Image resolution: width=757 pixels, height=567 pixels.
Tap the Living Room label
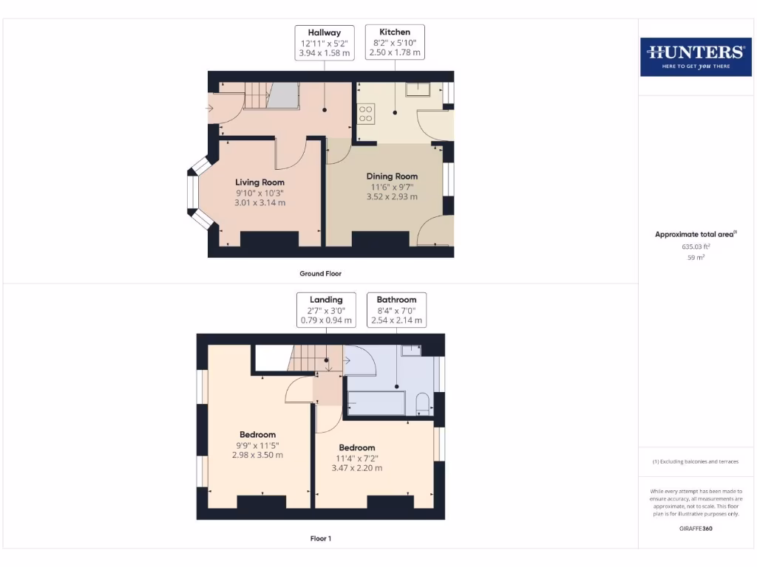click(259, 182)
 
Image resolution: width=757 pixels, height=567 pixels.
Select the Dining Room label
click(392, 176)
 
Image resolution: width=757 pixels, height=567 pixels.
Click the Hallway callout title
click(324, 32)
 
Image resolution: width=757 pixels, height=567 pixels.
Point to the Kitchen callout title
click(395, 32)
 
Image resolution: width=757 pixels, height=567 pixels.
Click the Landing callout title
click(326, 300)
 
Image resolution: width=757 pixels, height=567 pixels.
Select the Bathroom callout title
click(396, 300)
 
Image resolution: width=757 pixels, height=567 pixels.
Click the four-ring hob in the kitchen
click(365, 114)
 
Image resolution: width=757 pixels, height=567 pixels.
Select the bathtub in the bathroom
click(376, 403)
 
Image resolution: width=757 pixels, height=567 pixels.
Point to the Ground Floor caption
click(320, 274)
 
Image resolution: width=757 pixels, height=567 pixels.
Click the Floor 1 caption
click(320, 539)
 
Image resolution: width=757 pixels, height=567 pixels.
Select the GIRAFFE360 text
click(695, 529)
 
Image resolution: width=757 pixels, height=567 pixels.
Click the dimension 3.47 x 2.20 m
click(357, 468)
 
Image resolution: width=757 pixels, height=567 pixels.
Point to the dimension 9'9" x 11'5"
click(257, 445)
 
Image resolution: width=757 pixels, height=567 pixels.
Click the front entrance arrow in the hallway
click(210, 109)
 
